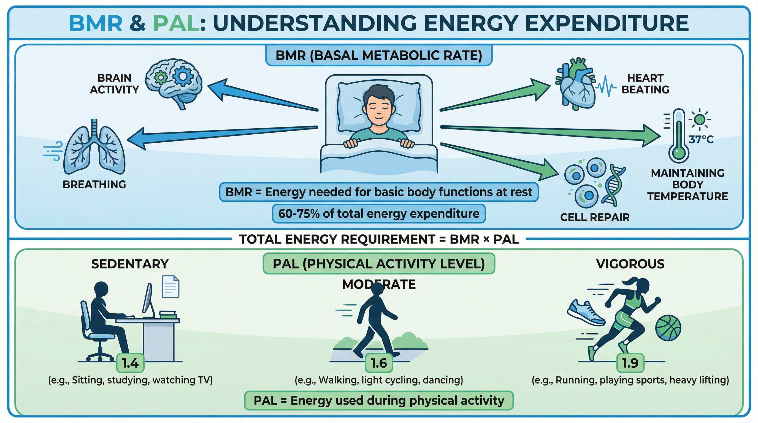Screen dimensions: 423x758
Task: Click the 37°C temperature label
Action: pos(701,139)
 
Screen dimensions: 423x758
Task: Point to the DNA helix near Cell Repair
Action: pos(613,185)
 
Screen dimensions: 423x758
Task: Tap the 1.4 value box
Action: pos(130,363)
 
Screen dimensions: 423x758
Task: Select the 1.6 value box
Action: pos(379,363)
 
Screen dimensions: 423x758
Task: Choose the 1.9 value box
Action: pos(630,363)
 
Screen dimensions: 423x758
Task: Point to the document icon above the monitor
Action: pos(171,286)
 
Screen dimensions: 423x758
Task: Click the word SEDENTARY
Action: pos(130,264)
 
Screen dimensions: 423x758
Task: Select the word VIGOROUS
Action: pos(630,264)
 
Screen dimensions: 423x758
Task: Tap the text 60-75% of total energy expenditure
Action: pos(379,213)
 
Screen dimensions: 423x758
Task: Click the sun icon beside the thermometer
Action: pos(700,120)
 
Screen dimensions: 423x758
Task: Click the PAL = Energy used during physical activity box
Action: pos(379,400)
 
